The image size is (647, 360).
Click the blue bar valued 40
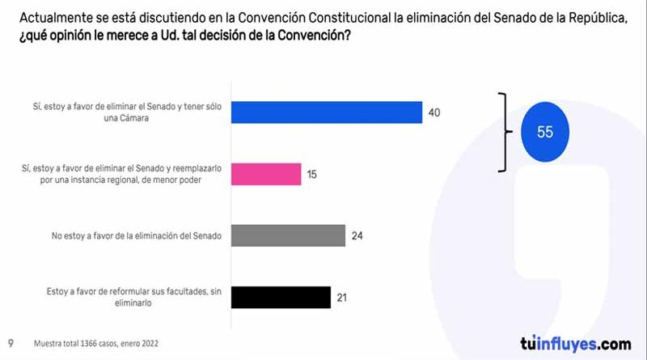(x=327, y=112)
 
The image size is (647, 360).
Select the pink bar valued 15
(x=266, y=173)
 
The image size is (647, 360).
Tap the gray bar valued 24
(x=288, y=235)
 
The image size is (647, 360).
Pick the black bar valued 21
(x=281, y=297)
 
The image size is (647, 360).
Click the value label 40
(x=434, y=112)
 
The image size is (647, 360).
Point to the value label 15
(x=312, y=173)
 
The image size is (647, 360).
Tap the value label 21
(x=342, y=297)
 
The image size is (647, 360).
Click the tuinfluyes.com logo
(x=575, y=342)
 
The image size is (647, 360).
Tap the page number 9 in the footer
(x=11, y=343)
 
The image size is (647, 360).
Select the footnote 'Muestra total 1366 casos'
(x=96, y=343)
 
